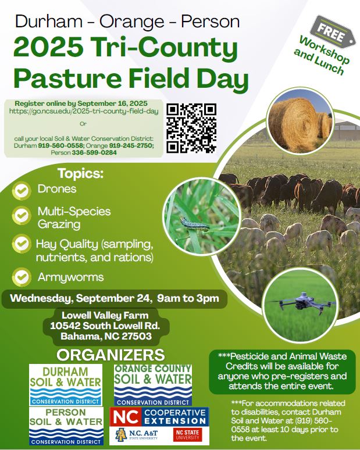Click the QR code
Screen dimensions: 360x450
click(x=191, y=128)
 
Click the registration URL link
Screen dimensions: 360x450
click(x=84, y=111)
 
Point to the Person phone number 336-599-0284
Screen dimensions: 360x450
click(x=94, y=153)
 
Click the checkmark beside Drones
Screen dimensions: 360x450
click(x=22, y=191)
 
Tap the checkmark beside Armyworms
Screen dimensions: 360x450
click(x=22, y=277)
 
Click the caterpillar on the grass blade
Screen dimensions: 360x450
click(x=195, y=224)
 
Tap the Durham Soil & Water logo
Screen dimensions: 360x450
click(x=66, y=385)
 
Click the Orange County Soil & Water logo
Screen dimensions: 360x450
click(x=153, y=385)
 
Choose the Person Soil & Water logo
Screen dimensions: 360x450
click(x=66, y=426)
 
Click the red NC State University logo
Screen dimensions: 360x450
click(x=187, y=435)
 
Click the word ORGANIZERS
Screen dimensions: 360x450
click(x=111, y=355)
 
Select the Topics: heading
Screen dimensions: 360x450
click(x=80, y=173)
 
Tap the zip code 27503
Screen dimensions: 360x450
click(x=137, y=336)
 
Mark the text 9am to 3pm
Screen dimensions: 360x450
click(x=188, y=298)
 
